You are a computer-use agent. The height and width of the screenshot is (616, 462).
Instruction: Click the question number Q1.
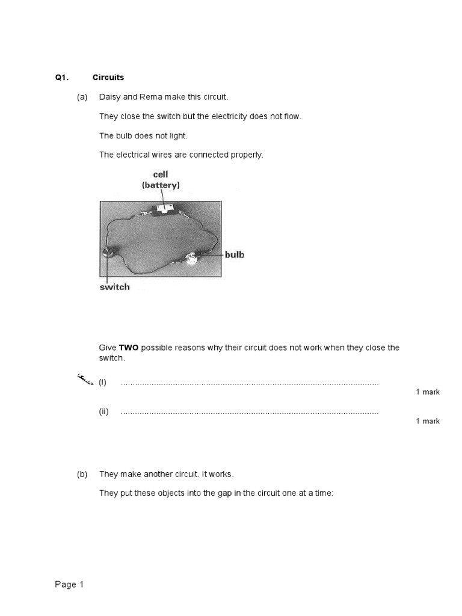(62, 78)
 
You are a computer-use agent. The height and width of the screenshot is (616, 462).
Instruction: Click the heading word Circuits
(108, 78)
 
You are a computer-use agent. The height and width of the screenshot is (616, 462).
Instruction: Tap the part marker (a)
(82, 97)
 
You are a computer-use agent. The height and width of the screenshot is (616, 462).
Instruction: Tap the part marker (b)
(82, 475)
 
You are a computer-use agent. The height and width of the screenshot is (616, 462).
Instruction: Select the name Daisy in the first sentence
(110, 97)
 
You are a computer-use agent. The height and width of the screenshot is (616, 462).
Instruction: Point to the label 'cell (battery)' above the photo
(161, 180)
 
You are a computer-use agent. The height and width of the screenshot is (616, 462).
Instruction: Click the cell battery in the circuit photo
(164, 209)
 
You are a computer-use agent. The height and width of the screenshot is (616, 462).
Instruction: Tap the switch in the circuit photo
(107, 253)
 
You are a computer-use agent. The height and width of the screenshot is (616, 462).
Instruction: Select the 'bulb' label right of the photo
(235, 255)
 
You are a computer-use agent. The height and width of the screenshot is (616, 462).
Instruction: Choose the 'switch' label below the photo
(114, 287)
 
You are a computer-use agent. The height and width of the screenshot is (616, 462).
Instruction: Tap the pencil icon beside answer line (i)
(85, 379)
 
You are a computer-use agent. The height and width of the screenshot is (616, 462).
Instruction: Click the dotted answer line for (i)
(250, 383)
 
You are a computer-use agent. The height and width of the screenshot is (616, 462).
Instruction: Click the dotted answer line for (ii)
(250, 413)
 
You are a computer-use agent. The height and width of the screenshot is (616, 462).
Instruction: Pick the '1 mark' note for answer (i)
(428, 392)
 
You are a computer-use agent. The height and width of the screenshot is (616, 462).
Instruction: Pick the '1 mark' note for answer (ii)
(428, 421)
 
